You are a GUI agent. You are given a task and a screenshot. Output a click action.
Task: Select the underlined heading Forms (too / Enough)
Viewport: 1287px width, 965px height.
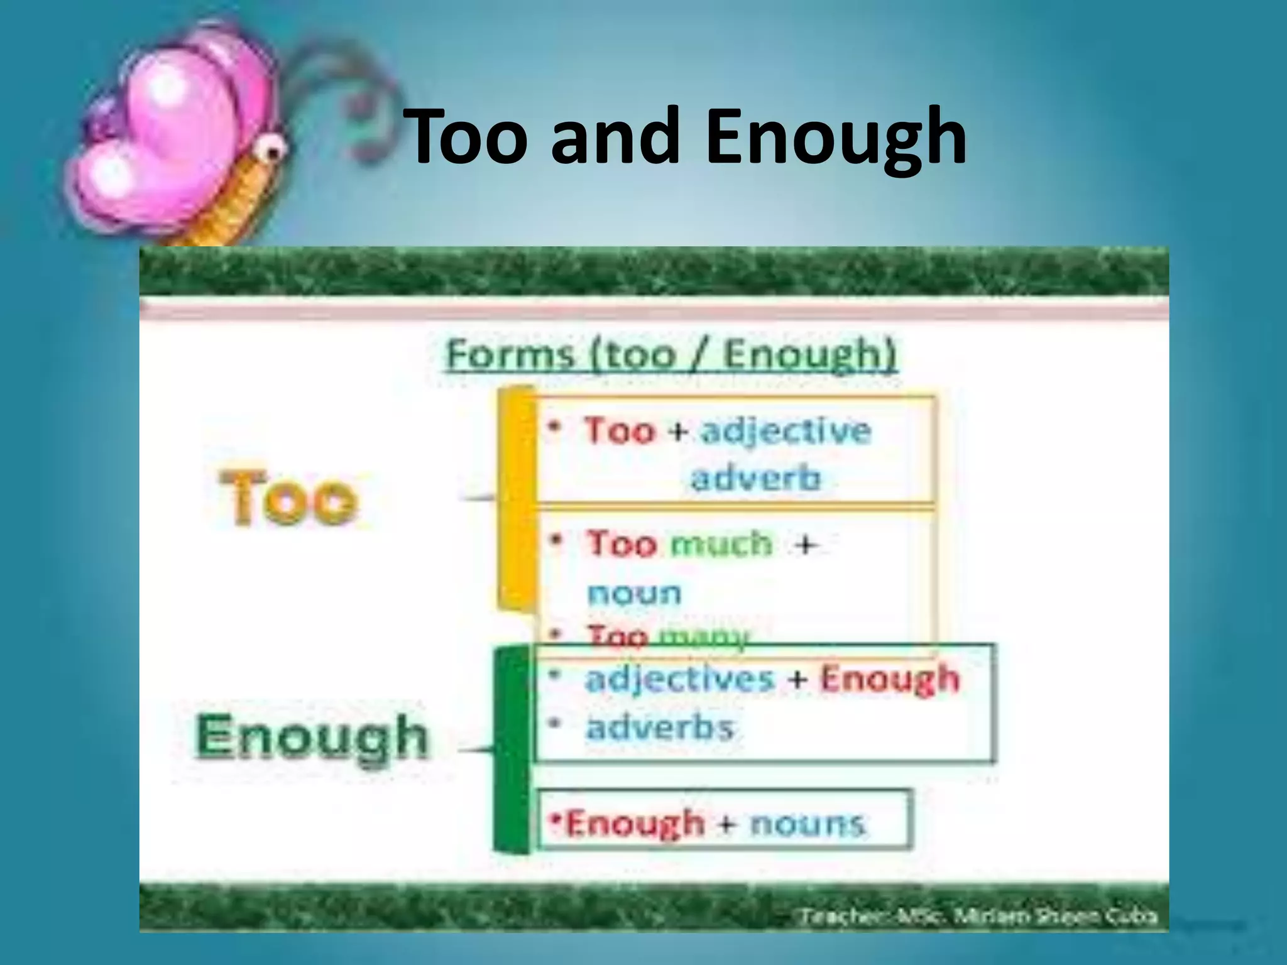[671, 356]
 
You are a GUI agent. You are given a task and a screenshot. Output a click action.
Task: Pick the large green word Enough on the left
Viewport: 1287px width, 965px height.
[312, 738]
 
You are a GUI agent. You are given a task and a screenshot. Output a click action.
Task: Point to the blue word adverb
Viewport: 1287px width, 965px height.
[756, 479]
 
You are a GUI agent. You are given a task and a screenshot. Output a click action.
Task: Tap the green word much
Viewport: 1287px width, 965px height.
[721, 543]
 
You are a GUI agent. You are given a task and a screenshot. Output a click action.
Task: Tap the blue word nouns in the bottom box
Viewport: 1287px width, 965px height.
[808, 823]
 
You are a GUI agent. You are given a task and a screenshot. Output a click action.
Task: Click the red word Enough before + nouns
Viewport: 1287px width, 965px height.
[635, 823]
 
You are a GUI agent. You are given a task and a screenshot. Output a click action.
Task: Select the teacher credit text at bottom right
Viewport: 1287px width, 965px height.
[978, 917]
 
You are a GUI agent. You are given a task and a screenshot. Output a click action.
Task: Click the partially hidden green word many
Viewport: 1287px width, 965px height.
[703, 637]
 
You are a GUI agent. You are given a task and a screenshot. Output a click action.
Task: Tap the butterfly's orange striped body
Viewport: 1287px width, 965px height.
[239, 201]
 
